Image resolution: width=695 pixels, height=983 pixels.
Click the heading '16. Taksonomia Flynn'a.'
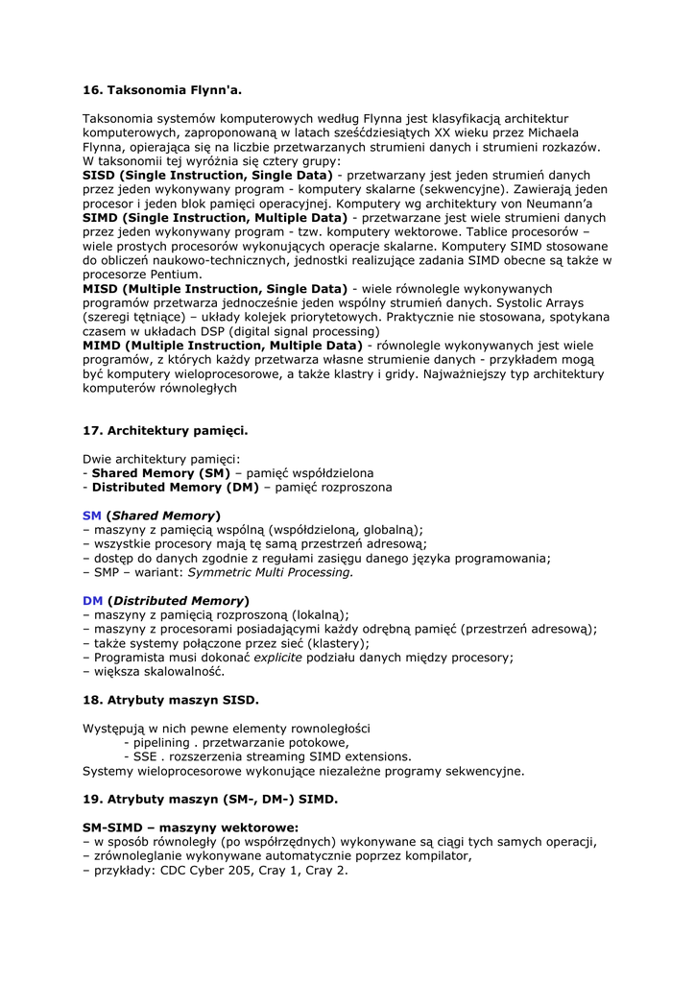(162, 91)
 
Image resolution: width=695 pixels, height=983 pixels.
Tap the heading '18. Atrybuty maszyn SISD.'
(171, 700)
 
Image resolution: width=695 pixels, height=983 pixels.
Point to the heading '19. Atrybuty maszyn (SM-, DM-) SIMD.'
(210, 799)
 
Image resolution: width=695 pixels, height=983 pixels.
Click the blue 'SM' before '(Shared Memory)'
(92, 515)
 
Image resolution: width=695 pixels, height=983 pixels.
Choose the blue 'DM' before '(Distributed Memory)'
(93, 601)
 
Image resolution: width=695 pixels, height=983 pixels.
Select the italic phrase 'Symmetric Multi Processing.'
(271, 572)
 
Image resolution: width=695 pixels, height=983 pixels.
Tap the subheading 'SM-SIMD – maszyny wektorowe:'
(190, 827)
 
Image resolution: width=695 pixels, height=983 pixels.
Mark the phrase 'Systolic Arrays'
(536, 302)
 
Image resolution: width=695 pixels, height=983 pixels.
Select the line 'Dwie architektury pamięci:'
(161, 459)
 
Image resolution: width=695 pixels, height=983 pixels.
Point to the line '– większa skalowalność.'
(154, 672)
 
